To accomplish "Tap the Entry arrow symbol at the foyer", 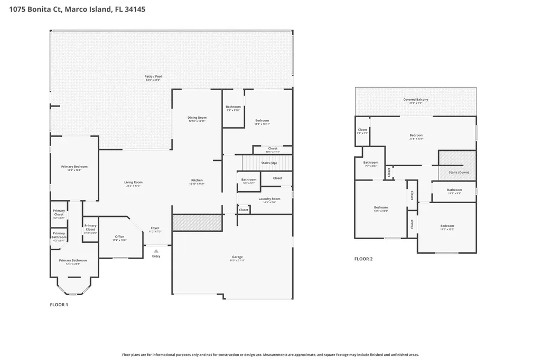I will pos(156,251).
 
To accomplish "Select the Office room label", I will pos(119,237).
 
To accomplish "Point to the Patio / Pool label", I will pos(153,77).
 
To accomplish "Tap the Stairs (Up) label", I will pos(269,163).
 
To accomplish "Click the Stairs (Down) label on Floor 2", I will pos(459,172).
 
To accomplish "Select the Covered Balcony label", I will pos(416,100).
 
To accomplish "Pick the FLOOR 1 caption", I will pos(59,305).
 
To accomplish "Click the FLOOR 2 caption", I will pos(363,259).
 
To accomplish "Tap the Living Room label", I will pos(134,183).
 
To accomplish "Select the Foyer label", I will pos(155,229).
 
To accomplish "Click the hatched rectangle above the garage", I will pos(197,222).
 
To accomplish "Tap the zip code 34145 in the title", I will pos(135,10).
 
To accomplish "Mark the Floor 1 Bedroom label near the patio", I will pos(262,121).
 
